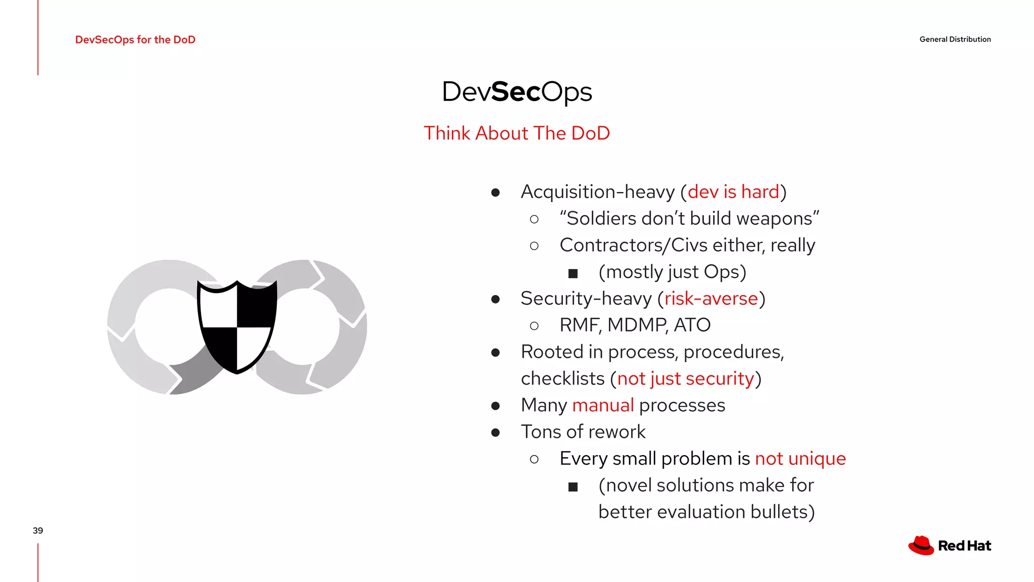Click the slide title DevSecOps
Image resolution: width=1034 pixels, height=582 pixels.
pyautogui.click(x=516, y=92)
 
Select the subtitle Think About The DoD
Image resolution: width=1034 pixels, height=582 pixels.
pyautogui.click(x=516, y=133)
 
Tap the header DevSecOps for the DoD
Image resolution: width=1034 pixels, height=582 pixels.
pyautogui.click(x=135, y=39)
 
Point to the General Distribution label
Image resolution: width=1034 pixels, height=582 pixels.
pyautogui.click(x=955, y=39)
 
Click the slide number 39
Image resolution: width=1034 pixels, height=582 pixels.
pyautogui.click(x=38, y=530)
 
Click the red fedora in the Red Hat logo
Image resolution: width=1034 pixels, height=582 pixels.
pyautogui.click(x=921, y=546)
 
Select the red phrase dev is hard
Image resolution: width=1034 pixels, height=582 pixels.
pyautogui.click(x=733, y=192)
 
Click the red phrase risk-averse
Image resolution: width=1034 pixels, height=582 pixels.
pyautogui.click(x=711, y=299)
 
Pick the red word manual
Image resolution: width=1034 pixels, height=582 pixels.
pyautogui.click(x=603, y=405)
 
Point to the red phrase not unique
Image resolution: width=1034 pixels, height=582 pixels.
pyautogui.click(x=800, y=459)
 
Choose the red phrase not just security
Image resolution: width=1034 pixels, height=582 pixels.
pyautogui.click(x=685, y=379)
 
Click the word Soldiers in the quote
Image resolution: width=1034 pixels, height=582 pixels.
pyautogui.click(x=601, y=219)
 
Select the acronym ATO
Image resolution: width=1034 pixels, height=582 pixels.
pyautogui.click(x=692, y=325)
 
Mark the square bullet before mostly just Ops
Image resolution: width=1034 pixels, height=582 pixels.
pyautogui.click(x=573, y=273)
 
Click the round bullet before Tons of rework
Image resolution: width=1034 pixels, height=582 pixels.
pyautogui.click(x=495, y=432)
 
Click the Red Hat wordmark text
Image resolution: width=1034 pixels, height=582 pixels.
pyautogui.click(x=964, y=546)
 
